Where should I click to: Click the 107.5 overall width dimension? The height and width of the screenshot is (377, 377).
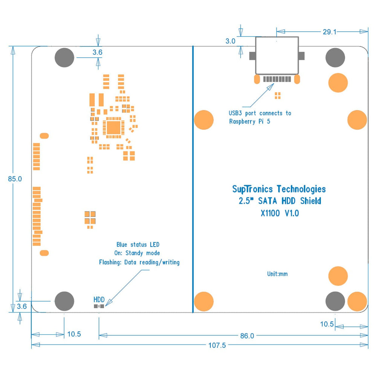click(x=217, y=345)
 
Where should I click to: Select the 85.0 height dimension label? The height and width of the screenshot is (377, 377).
click(x=15, y=179)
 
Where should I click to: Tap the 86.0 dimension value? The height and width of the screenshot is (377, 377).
click(x=247, y=336)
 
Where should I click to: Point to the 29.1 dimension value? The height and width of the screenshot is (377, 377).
click(x=329, y=32)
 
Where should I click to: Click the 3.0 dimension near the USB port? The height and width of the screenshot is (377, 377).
click(x=230, y=41)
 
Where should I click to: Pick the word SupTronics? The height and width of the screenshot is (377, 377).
click(x=253, y=189)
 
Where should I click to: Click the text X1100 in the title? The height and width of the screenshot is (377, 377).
click(x=270, y=213)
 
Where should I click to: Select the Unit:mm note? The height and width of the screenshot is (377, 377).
click(x=277, y=274)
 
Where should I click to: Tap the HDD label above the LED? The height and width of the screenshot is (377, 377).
click(x=99, y=300)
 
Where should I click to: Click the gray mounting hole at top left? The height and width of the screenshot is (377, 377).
click(x=64, y=58)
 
